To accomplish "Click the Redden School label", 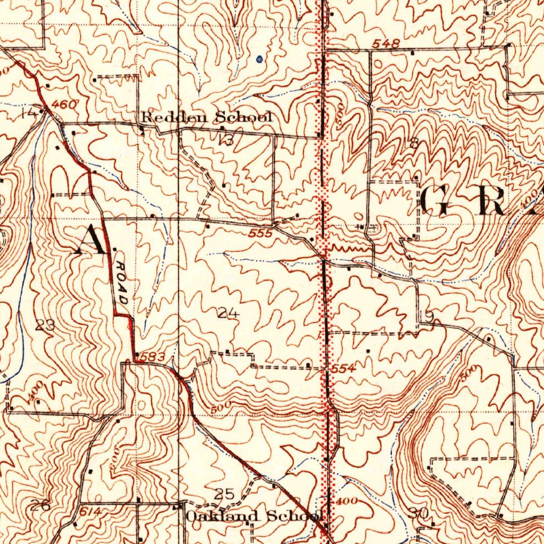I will click(x=207, y=117).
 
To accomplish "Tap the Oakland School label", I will click(x=254, y=515).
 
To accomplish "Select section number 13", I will click(x=226, y=140).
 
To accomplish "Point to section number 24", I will click(x=228, y=314).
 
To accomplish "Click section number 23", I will click(x=45, y=326).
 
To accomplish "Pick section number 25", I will click(x=224, y=495).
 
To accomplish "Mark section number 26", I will click(x=40, y=505).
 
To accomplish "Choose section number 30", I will click(x=419, y=513).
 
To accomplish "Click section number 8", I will click(x=414, y=142).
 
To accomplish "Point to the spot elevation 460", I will click(x=64, y=105).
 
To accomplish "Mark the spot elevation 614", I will click(x=90, y=511).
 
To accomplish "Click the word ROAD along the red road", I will click(x=121, y=284).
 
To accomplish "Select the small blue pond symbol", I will click(x=259, y=59).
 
